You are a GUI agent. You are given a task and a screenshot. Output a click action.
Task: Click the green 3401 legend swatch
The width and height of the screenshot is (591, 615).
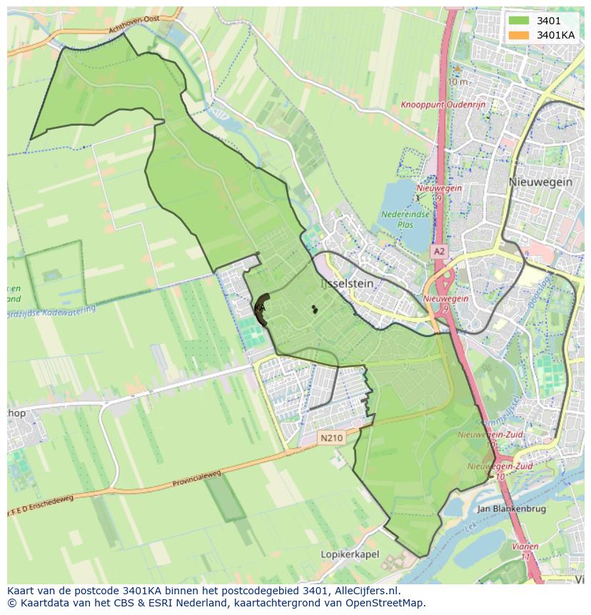coord(519,21)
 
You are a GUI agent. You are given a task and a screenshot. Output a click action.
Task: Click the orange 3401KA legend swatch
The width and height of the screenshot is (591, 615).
coord(519,35)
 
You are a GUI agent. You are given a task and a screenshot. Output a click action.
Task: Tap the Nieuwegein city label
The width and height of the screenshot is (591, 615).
coord(540,182)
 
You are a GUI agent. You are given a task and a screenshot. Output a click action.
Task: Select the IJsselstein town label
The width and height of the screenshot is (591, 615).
coord(347,284)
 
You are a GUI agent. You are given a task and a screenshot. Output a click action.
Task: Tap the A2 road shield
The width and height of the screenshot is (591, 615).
coord(438,251)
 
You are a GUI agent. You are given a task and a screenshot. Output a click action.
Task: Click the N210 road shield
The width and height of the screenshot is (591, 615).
coord(332,437)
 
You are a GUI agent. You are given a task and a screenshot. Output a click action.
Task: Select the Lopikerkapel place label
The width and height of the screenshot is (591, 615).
coord(350,554)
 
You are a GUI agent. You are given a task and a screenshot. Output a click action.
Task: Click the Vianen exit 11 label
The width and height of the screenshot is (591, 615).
coord(525,551)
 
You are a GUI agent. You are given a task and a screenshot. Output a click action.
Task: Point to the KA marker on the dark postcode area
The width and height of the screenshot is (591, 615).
coord(260,308)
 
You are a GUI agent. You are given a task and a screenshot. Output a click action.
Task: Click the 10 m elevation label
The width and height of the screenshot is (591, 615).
coord(458,81)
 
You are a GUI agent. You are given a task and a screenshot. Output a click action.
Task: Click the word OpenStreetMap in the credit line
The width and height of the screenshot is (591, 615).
coord(388,603)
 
